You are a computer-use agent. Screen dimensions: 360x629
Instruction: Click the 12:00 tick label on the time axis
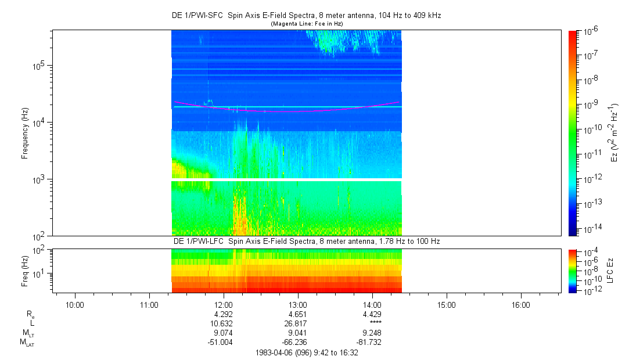(224, 305)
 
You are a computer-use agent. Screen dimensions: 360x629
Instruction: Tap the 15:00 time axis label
(446, 305)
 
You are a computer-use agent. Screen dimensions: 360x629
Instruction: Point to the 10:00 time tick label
(75, 305)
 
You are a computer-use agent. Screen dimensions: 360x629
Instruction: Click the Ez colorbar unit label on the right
(615, 133)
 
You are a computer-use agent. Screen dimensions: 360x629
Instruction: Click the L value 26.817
(298, 323)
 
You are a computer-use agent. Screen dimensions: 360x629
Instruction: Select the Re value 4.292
(224, 314)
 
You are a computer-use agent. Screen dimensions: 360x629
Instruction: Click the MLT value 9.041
(298, 333)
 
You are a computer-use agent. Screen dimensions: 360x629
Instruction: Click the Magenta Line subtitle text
(307, 23)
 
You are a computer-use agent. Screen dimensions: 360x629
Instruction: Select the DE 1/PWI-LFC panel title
(307, 241)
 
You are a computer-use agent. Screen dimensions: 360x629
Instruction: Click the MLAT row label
(27, 343)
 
